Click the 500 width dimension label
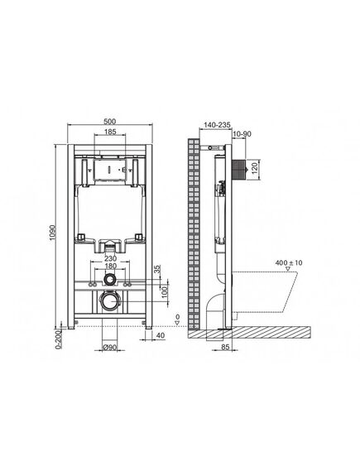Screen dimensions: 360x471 point(109,122)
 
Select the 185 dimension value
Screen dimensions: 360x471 point(110,132)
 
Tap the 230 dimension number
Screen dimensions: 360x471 point(110,258)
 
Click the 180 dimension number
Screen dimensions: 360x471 point(110,266)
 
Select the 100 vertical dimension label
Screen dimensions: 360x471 point(164,291)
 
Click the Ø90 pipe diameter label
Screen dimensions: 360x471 point(109,347)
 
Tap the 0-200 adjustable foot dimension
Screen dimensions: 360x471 point(59,339)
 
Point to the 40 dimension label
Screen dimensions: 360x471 point(161,335)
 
